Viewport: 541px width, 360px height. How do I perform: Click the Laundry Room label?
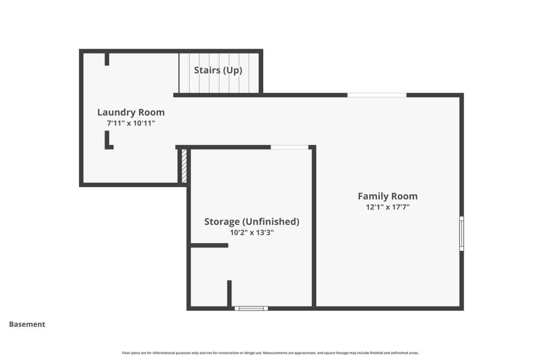[131, 112]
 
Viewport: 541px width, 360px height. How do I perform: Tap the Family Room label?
[387, 196]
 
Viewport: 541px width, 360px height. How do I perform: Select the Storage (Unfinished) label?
[251, 222]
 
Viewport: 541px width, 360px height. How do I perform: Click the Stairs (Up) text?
[218, 70]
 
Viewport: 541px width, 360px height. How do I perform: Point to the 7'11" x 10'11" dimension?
[131, 123]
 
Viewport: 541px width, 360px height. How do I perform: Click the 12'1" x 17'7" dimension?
[387, 207]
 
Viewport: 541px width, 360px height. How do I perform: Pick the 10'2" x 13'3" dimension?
[251, 232]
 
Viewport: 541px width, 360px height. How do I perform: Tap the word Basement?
[27, 324]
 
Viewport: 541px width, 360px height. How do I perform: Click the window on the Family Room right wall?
[462, 233]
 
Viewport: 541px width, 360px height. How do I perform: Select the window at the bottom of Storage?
[251, 308]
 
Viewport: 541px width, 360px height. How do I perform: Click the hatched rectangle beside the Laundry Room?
[184, 166]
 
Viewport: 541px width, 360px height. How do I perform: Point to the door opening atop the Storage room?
[290, 147]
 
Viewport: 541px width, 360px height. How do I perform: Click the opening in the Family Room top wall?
[377, 95]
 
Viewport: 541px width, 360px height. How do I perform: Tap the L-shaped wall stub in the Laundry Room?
[107, 141]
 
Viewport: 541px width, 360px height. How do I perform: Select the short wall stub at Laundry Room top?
[107, 59]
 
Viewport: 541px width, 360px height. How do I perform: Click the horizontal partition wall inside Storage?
[209, 245]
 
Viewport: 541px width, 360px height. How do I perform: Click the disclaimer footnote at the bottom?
[270, 353]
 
